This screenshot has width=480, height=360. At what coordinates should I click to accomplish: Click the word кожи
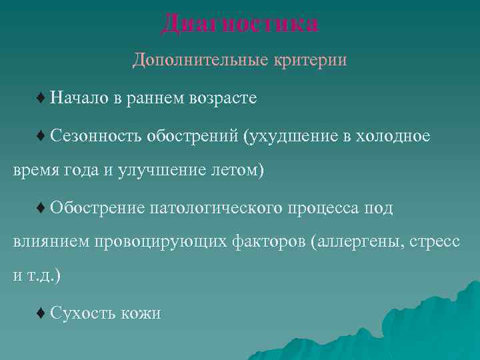point(141,312)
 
